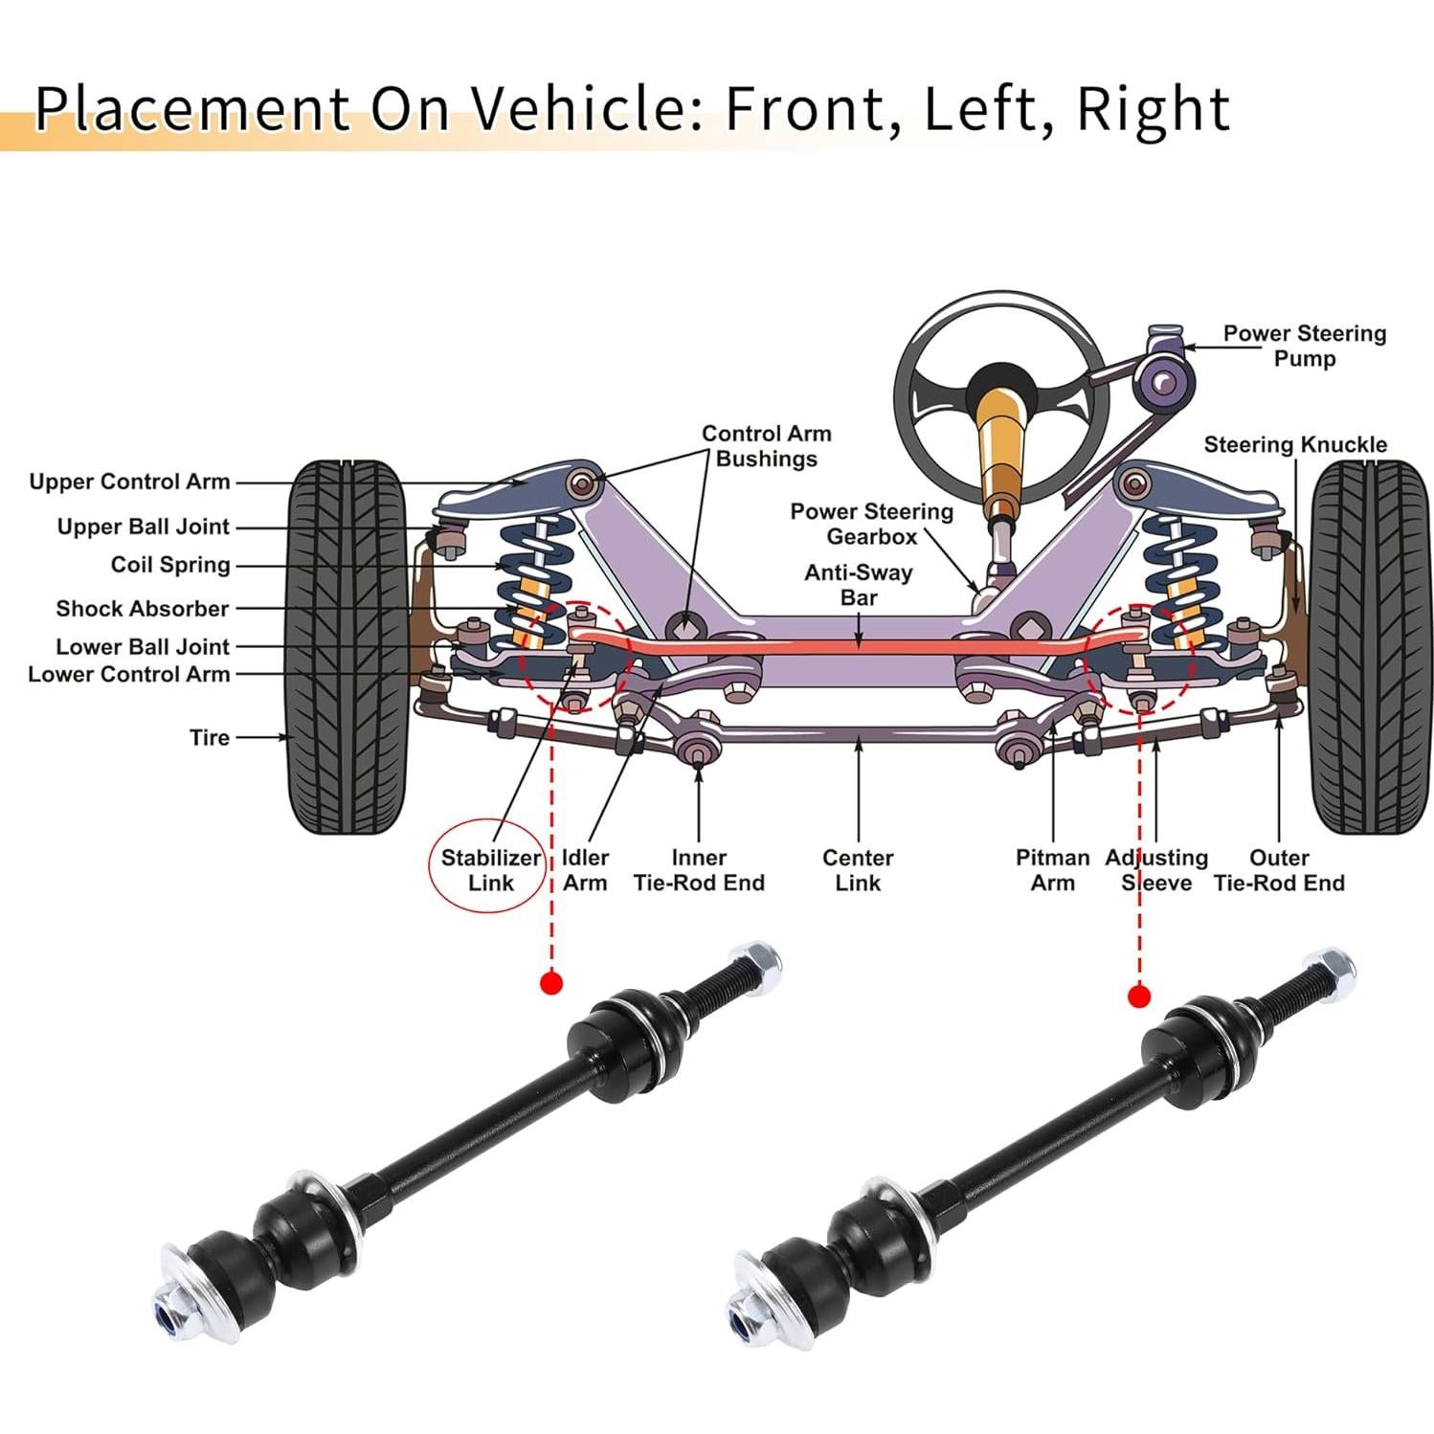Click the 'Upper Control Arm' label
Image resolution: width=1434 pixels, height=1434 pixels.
[129, 482]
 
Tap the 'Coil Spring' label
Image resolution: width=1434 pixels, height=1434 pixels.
[170, 565]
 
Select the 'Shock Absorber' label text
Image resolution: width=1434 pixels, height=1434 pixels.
[142, 609]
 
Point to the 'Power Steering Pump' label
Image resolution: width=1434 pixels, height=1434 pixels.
[1304, 346]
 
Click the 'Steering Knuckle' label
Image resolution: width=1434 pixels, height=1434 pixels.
[1294, 444]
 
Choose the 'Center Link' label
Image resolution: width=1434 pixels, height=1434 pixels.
[858, 870]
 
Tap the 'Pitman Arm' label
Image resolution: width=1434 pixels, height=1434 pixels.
[1052, 870]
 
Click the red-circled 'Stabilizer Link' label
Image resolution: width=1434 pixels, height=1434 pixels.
[490, 869]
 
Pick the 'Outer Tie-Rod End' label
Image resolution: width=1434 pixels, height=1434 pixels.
[1279, 870]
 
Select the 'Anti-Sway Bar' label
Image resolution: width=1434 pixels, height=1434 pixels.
[859, 585]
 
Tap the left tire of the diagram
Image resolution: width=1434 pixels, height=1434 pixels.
[347, 646]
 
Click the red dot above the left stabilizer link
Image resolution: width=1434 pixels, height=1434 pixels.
[551, 983]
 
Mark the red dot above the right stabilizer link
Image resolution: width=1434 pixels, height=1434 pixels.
[1138, 997]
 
